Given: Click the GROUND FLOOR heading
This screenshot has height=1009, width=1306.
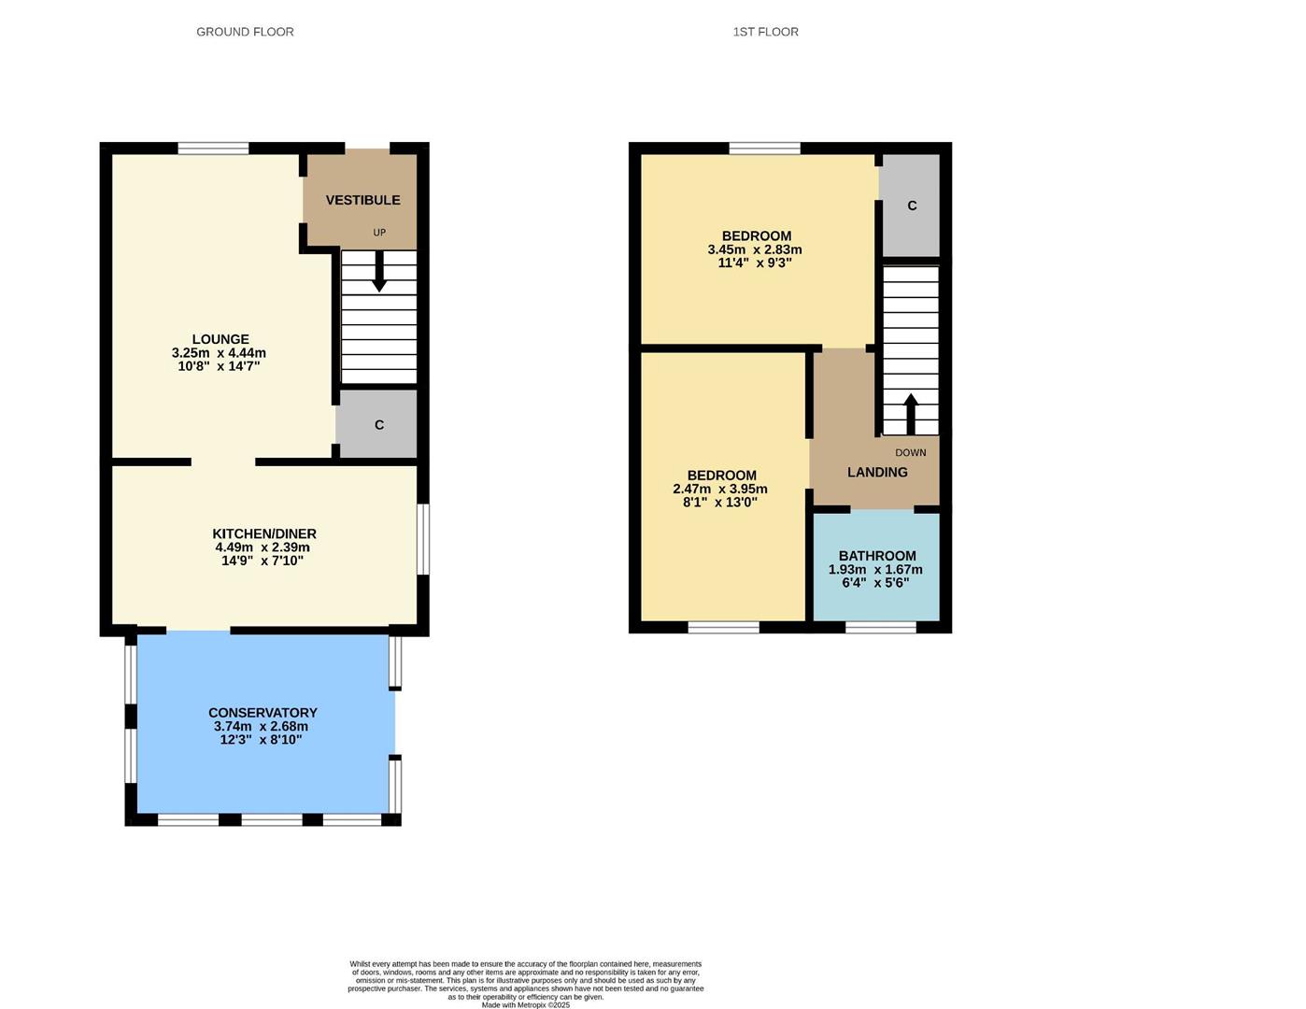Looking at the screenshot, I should (245, 32).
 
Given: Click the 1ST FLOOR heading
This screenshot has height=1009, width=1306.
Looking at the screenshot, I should (765, 32).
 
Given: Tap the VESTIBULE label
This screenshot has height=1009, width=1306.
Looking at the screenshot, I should (362, 200).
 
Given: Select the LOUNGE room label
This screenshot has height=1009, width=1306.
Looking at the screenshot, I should (220, 339).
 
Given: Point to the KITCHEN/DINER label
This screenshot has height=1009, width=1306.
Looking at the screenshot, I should (264, 533).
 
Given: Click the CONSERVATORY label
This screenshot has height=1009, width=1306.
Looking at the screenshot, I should (263, 712).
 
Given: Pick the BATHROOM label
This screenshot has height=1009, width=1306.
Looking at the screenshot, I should (877, 556).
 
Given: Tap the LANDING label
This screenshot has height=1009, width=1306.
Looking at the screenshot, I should (877, 472).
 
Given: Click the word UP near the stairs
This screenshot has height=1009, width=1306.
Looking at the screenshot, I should (379, 233).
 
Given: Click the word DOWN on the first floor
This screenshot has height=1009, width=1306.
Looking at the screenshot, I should (911, 453).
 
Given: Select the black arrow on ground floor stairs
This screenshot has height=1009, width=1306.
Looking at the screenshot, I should (379, 273).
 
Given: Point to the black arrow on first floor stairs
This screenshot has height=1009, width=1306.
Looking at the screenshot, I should (911, 413).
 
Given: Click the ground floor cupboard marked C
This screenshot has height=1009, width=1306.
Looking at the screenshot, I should (378, 425).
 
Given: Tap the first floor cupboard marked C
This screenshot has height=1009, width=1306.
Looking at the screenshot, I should (912, 206).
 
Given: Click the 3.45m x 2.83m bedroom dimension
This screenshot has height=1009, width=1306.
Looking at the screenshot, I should (755, 249).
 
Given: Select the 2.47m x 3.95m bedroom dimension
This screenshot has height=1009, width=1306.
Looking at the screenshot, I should (720, 489).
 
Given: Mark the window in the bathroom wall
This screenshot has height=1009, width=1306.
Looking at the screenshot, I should (881, 627).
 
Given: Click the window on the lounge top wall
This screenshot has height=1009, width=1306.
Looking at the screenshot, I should (213, 148).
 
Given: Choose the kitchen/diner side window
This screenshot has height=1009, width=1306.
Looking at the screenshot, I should (423, 540).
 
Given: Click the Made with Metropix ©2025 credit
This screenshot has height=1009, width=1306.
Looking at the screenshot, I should (525, 1004).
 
